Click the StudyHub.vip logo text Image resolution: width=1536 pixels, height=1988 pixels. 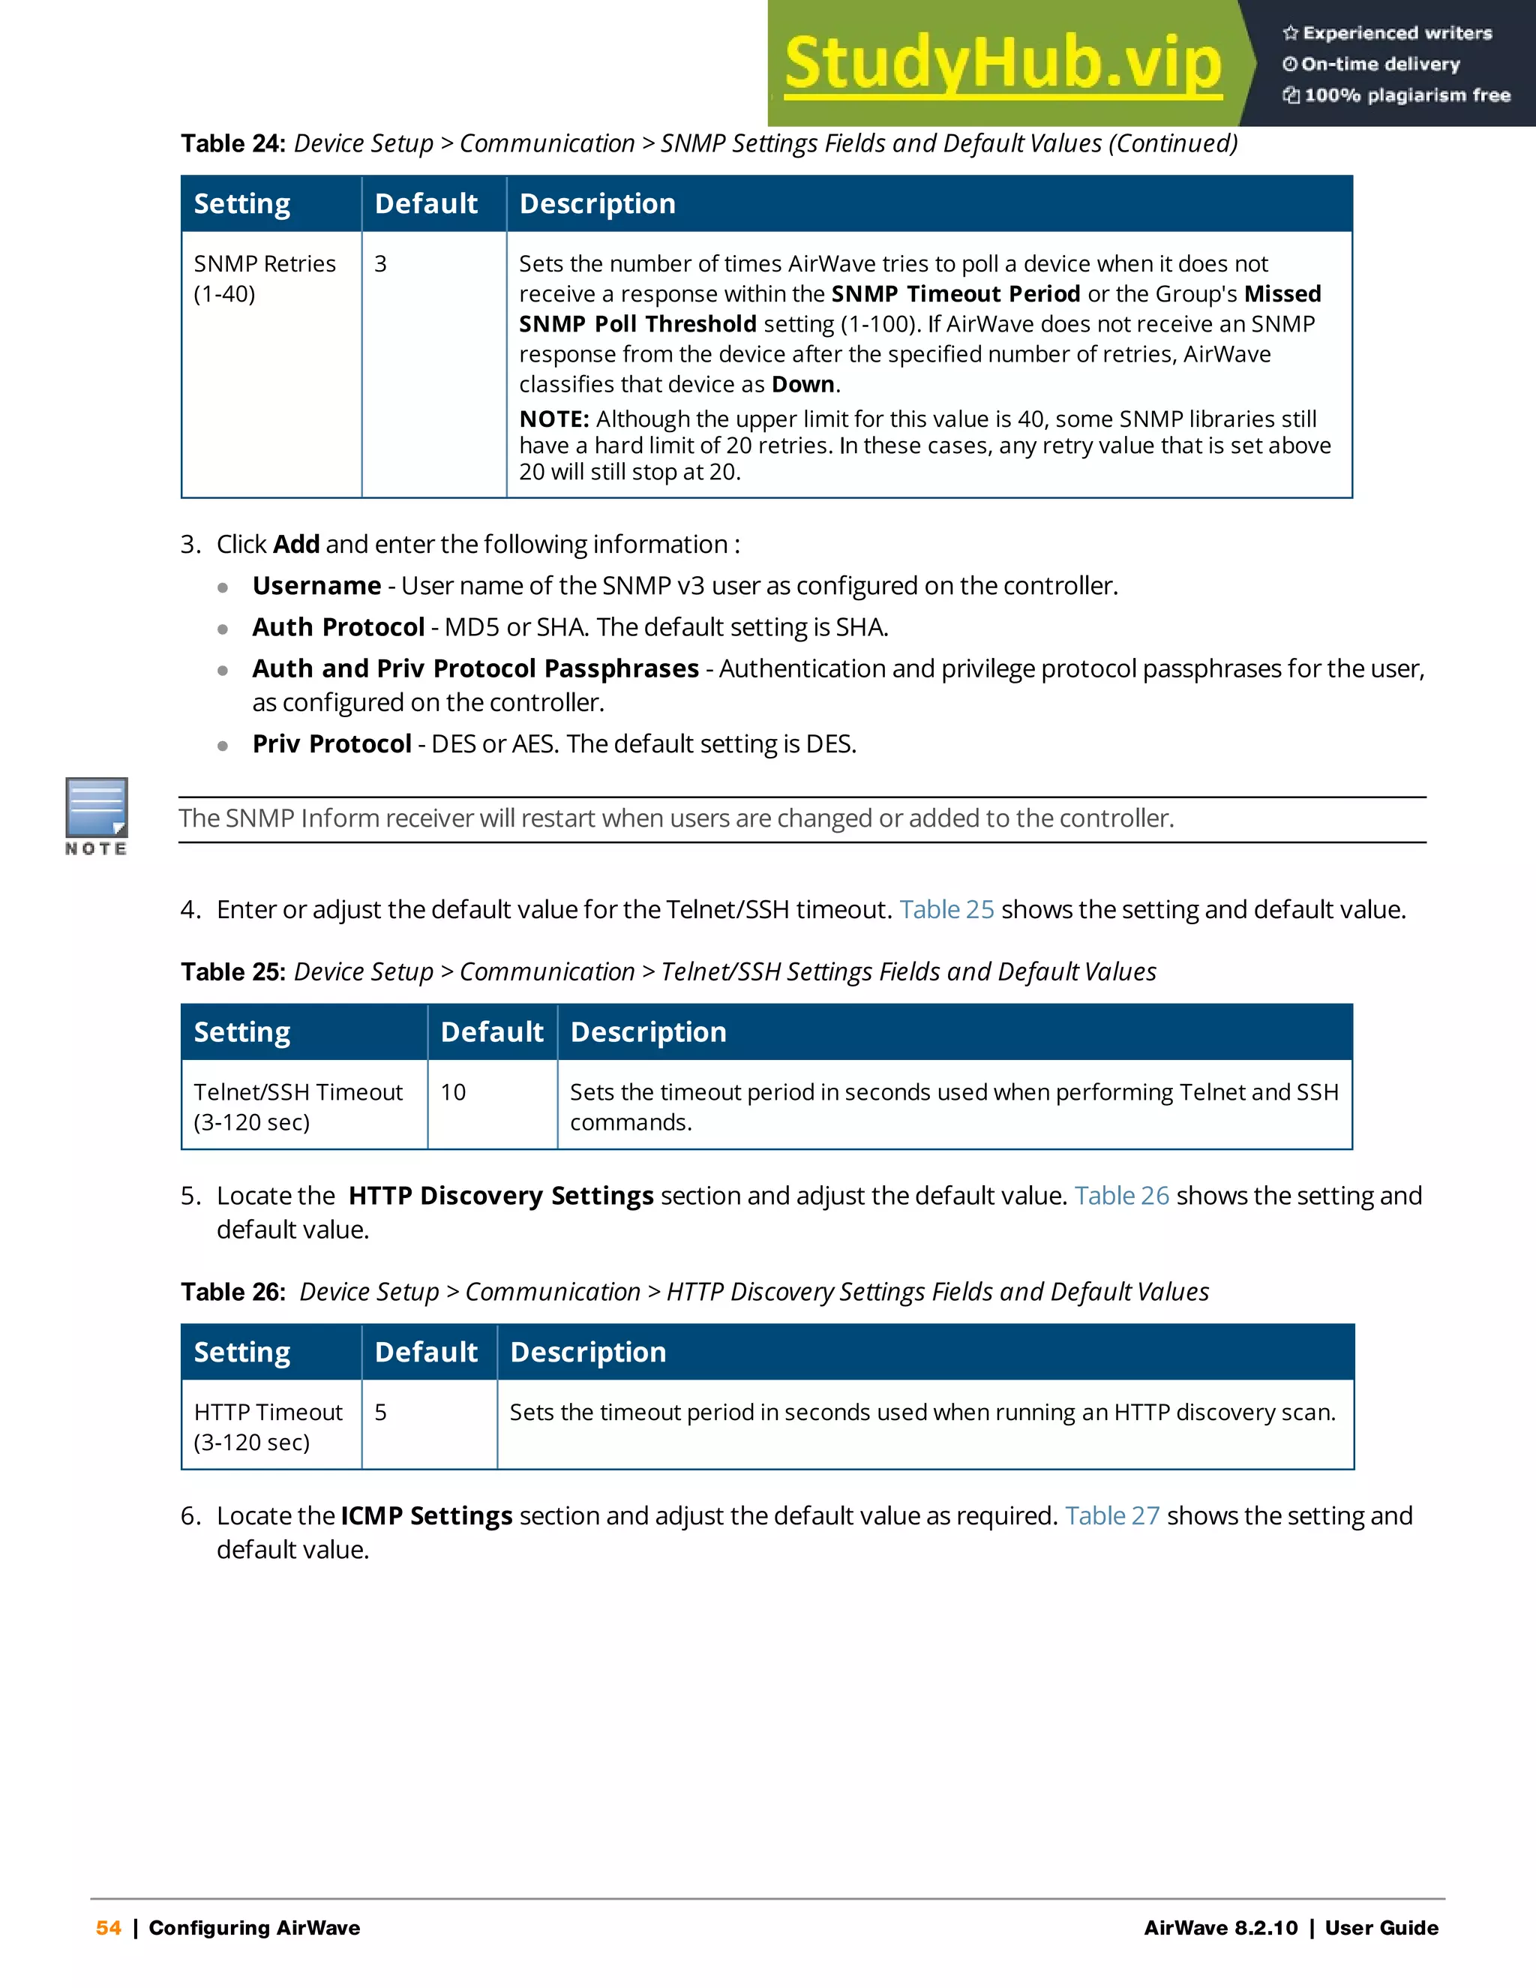coord(1002,64)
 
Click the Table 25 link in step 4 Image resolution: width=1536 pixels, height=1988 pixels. coord(946,909)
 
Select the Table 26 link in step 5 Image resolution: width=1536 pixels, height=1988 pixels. coord(1121,1195)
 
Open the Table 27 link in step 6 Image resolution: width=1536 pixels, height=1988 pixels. coord(1112,1515)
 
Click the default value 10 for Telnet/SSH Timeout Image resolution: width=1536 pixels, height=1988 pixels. coord(453,1092)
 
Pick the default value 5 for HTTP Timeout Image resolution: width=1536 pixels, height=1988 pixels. coord(380,1413)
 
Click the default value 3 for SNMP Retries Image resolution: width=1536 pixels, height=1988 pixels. coord(380,264)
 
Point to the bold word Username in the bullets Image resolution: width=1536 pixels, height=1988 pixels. coord(316,585)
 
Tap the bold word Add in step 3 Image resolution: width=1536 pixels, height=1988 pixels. coord(295,545)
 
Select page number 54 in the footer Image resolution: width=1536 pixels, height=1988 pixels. coord(108,1928)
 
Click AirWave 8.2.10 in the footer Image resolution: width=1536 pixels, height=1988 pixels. coord(1220,1928)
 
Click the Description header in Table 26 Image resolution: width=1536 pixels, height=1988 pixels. coord(588,1352)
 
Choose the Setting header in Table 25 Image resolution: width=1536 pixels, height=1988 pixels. coord(242,1032)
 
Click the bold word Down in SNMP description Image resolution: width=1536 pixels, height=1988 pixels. coord(802,384)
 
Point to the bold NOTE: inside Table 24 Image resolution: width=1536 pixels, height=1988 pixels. coord(554,419)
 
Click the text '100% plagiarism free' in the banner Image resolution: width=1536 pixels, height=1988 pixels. coord(1407,95)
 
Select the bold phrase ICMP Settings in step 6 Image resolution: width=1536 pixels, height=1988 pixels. coord(427,1515)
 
